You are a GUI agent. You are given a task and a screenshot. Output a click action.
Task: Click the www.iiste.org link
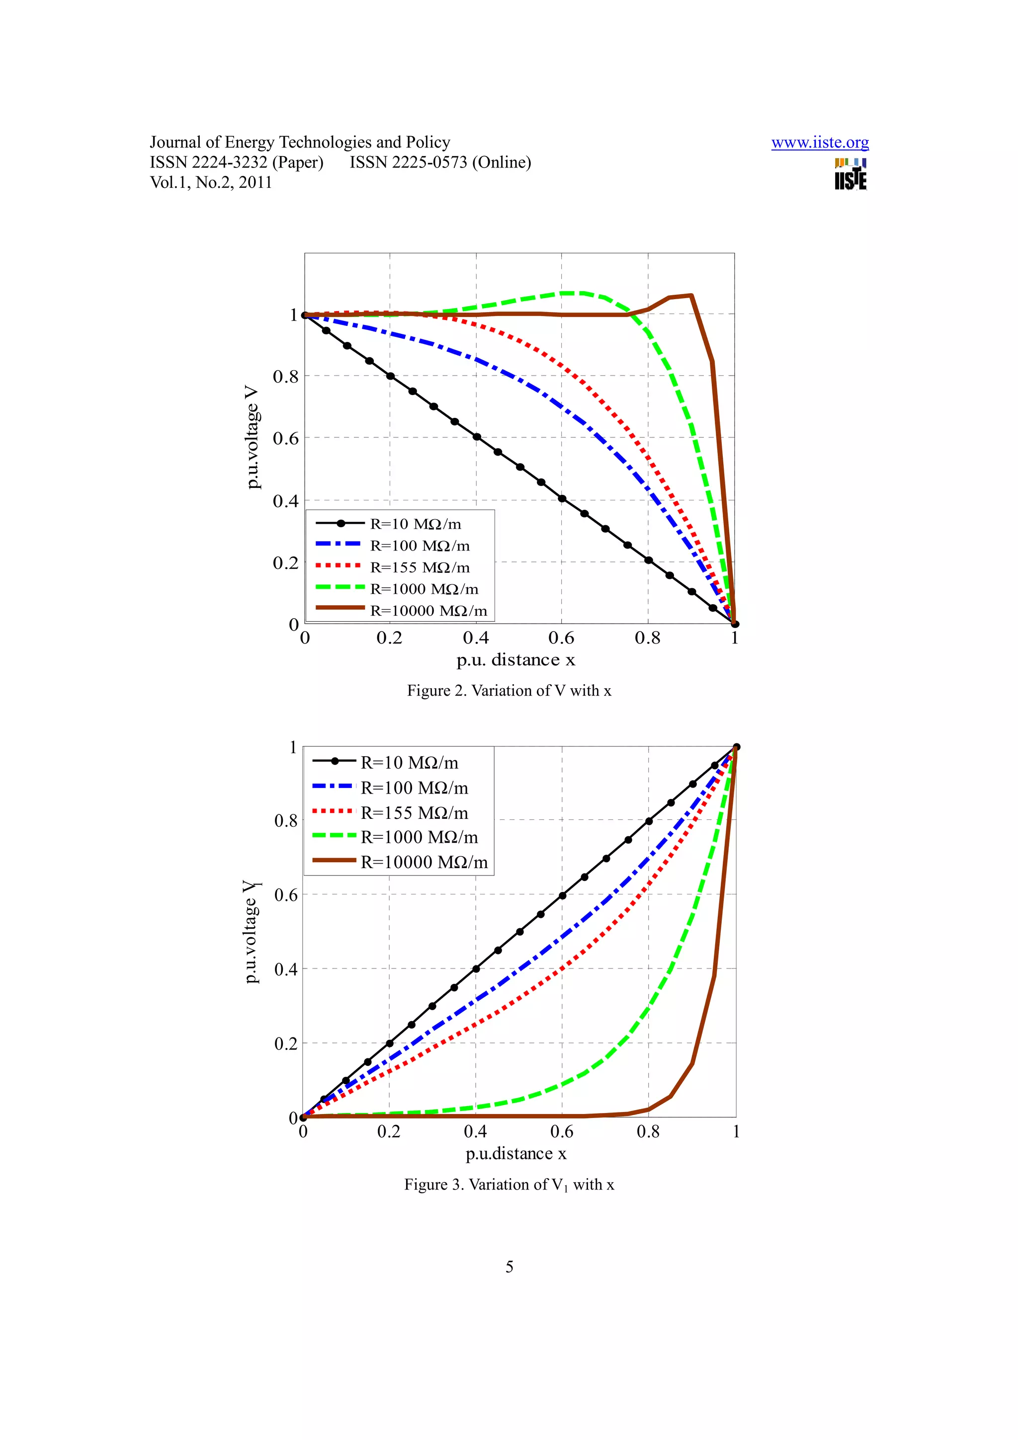point(819,143)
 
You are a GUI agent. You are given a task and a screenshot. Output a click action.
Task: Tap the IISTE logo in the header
point(850,174)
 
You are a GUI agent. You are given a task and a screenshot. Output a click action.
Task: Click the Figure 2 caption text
point(509,691)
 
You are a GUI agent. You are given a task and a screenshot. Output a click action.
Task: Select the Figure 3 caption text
point(509,1185)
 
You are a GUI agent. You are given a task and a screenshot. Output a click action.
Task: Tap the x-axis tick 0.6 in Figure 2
point(561,639)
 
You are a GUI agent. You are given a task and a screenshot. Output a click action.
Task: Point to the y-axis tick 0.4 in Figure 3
point(286,969)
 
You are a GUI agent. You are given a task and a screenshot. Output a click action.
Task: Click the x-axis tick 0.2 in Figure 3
point(389,1132)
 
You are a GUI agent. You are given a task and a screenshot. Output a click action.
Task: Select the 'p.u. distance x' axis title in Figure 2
point(515,660)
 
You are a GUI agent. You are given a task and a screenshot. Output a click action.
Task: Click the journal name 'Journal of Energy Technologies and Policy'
point(300,143)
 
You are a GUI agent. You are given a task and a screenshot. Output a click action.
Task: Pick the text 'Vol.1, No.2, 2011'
point(211,182)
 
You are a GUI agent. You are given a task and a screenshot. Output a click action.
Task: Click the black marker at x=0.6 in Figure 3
point(563,895)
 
